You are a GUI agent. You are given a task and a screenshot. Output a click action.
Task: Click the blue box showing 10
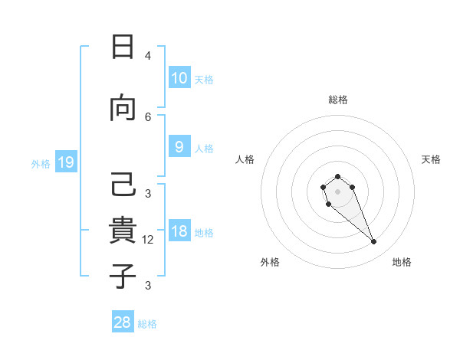pos(179,78)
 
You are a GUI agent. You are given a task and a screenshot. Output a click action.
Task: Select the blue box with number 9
pos(179,147)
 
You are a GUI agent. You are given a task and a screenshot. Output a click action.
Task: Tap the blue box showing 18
pos(179,232)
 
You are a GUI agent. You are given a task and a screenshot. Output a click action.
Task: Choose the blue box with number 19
pos(65,162)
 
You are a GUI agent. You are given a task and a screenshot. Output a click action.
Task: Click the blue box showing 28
pos(123,322)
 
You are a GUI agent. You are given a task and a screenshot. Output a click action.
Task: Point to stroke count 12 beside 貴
pos(148,240)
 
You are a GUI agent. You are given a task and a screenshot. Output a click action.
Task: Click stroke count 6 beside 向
pos(148,116)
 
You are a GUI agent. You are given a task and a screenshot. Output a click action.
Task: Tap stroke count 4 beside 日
pos(148,56)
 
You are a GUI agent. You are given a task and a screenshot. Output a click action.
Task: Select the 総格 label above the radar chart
pos(338,100)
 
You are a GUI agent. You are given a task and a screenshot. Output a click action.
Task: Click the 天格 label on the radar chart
pos(431,159)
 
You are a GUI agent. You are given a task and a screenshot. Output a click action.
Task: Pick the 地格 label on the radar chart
pos(402,262)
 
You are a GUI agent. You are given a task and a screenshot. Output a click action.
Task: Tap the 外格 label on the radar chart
pos(270,262)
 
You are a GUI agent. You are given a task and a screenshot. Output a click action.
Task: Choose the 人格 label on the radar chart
pos(245,159)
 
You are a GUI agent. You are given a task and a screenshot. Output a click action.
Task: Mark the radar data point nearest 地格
pos(374,242)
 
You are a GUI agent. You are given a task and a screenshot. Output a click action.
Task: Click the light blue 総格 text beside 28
pos(147,323)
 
